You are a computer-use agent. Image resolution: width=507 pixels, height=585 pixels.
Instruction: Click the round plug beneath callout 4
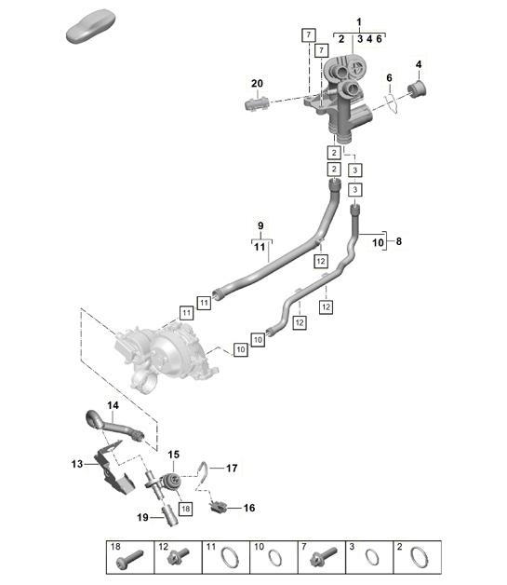[417, 89]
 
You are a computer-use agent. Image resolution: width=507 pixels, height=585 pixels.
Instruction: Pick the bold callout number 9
[260, 225]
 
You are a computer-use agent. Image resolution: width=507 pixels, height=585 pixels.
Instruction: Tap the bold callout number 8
[398, 240]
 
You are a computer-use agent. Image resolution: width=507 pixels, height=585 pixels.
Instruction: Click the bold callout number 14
[113, 406]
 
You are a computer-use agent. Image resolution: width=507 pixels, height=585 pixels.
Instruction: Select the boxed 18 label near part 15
[185, 509]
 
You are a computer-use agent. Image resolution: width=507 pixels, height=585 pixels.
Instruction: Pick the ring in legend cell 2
[420, 559]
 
